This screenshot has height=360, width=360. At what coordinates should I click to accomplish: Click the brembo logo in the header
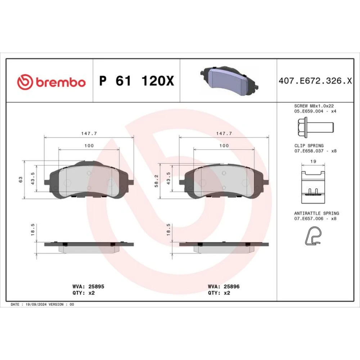[x=51, y=82]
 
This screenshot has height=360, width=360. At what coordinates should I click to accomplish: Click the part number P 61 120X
[x=136, y=81]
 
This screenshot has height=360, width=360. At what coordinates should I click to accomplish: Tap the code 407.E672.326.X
[x=315, y=81]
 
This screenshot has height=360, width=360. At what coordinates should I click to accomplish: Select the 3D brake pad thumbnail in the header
[x=229, y=81]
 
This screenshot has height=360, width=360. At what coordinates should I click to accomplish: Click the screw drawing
[x=315, y=128]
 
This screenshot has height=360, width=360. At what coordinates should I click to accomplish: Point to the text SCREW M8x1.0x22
[x=314, y=106]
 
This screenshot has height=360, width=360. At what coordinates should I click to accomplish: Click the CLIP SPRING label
[x=309, y=146]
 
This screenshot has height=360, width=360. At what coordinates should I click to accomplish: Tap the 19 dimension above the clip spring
[x=313, y=161]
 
